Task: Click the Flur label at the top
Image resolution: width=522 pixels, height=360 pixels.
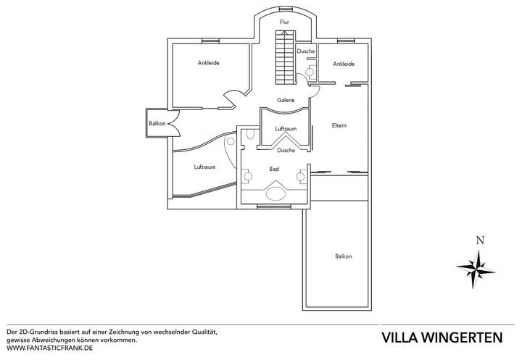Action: (x=284, y=22)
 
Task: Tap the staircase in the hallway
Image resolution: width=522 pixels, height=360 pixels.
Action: (x=286, y=57)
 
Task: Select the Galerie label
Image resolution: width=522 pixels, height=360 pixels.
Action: (x=286, y=100)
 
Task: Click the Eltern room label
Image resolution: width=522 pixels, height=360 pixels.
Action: (x=339, y=125)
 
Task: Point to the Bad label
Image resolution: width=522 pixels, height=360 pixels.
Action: (x=274, y=169)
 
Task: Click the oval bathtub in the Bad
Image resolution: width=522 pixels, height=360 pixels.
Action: (x=275, y=194)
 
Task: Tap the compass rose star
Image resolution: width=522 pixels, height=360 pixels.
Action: (x=476, y=269)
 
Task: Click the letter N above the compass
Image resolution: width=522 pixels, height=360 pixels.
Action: (x=480, y=240)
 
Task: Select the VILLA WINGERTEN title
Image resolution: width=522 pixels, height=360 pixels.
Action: (x=442, y=338)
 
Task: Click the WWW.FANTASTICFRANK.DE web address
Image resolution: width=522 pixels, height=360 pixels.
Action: (x=49, y=348)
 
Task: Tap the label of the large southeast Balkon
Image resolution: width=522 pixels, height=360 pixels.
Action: (x=343, y=256)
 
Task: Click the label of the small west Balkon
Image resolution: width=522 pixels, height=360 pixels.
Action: (x=157, y=123)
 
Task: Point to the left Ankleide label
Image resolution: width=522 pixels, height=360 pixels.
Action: (x=208, y=62)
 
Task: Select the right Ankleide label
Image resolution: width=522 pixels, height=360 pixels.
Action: (x=344, y=64)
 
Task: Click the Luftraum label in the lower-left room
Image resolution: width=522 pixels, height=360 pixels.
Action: (x=204, y=167)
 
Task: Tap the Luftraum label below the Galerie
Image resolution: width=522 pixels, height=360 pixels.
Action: (x=286, y=128)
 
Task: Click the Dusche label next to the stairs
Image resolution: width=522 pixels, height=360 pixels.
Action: (x=306, y=51)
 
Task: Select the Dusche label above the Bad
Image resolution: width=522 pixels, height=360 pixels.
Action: (x=286, y=150)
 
